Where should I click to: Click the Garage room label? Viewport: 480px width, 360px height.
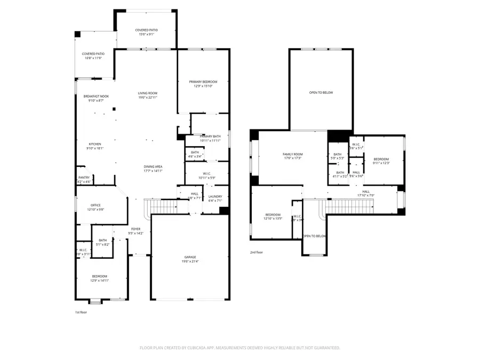coord(190,259)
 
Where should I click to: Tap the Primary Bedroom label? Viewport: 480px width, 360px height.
coord(203,84)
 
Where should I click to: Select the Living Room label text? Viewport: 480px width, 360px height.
coord(147,95)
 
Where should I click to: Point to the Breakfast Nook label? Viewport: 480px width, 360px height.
coord(96,98)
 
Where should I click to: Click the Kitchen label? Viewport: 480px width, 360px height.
coord(94,146)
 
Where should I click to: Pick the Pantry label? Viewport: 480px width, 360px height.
coord(84,179)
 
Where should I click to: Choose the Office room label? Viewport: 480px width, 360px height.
coord(95,207)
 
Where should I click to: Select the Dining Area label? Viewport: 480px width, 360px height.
coord(153,169)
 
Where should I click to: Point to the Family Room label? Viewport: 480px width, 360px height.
coord(292,156)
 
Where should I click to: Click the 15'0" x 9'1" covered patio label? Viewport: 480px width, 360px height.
coord(146,33)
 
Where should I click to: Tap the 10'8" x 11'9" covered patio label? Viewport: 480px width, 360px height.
coord(93,56)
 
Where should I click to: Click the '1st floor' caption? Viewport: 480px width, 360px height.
coord(81,312)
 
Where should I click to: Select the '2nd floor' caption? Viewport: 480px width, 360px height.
coord(256,252)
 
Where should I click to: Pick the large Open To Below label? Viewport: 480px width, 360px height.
coord(321,93)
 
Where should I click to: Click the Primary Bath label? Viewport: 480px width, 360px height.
coord(211,139)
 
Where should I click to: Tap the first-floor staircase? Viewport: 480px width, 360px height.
coord(162,205)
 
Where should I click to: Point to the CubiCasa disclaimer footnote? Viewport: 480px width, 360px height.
coord(239,347)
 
